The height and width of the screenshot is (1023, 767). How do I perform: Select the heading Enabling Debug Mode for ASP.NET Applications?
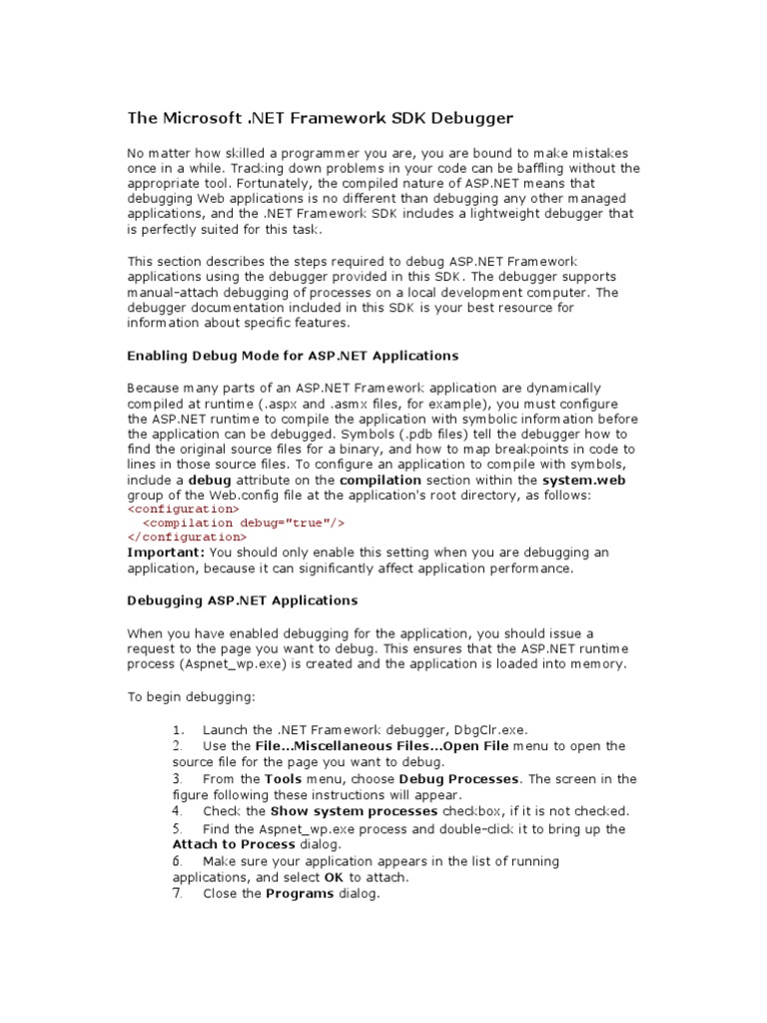[293, 356]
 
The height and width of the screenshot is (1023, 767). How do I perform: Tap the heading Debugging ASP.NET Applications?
[242, 600]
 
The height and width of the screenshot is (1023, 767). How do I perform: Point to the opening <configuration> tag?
[183, 509]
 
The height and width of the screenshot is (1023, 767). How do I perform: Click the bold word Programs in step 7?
[299, 894]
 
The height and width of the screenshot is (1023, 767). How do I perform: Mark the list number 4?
[177, 811]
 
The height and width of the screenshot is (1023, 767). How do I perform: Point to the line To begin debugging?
[185, 697]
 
